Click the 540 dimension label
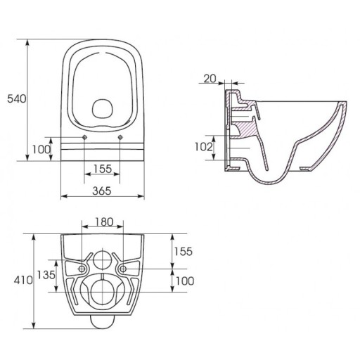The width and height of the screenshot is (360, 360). [17, 98]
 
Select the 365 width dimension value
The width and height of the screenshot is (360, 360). [102, 191]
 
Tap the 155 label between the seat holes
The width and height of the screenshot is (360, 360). [103, 169]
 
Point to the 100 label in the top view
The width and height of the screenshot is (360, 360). [41, 149]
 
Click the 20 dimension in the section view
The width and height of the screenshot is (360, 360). [210, 79]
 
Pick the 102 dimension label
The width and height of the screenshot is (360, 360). [204, 147]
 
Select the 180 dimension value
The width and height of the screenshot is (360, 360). [104, 221]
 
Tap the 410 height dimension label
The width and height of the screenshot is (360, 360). [23, 280]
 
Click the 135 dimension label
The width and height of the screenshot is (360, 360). [46, 275]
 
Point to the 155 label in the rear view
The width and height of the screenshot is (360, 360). [183, 251]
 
